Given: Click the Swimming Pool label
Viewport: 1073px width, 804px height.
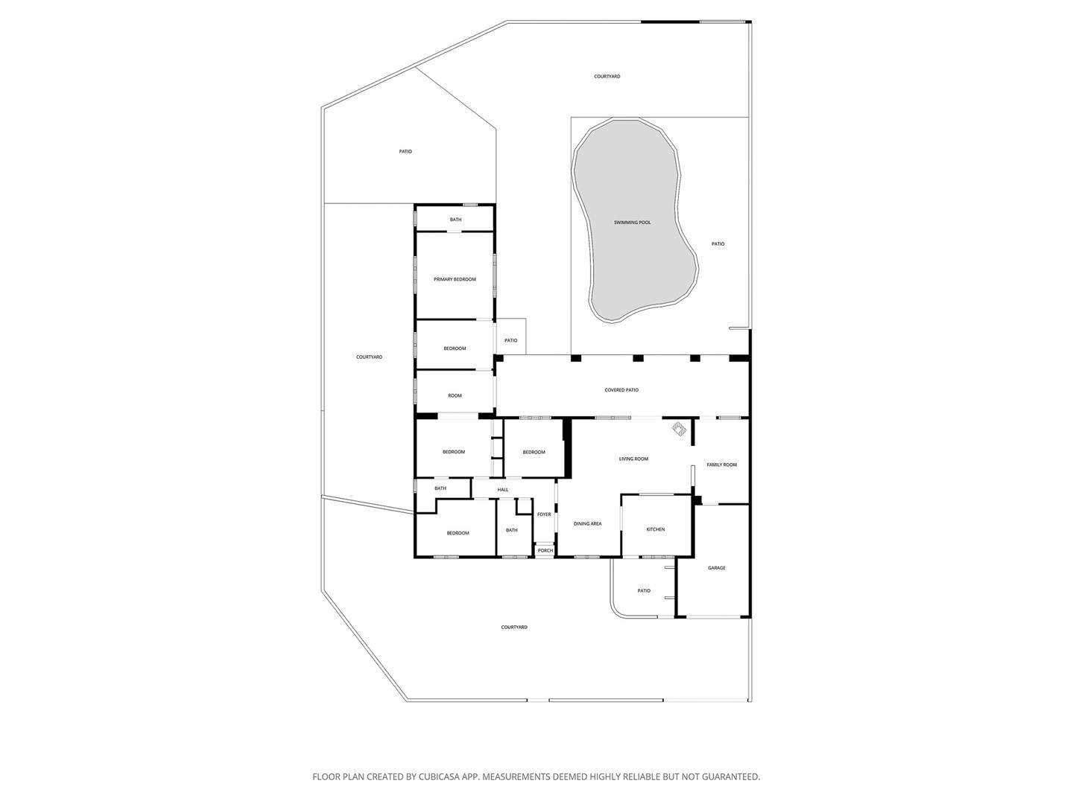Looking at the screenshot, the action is (x=632, y=223).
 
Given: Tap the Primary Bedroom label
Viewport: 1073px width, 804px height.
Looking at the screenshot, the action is (x=455, y=279).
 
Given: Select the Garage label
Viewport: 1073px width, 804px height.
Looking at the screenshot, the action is (x=717, y=568).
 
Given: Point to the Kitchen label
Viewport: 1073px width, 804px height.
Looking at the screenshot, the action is (x=656, y=529).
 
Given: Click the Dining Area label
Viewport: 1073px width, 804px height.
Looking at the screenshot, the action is (x=588, y=524).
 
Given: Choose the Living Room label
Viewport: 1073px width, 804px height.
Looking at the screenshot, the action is (x=633, y=459).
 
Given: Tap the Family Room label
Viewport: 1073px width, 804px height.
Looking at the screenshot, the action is (x=721, y=465).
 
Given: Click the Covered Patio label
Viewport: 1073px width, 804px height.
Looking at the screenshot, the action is (x=621, y=390).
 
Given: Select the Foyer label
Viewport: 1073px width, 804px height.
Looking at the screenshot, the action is (x=544, y=514).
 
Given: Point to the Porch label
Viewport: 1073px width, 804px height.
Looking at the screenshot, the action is (x=545, y=551).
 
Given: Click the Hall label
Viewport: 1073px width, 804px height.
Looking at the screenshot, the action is (x=503, y=490).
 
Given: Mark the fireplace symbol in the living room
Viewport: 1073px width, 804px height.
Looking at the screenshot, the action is (x=679, y=429).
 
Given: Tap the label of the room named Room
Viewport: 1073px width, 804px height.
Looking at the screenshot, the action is (x=455, y=395).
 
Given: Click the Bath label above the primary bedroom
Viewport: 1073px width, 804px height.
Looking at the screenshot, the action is (x=455, y=220).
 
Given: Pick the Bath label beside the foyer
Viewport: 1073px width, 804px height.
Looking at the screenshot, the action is (x=512, y=530).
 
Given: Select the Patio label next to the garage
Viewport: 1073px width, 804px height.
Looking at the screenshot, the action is (x=644, y=590).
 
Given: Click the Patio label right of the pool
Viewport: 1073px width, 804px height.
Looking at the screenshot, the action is (x=718, y=244).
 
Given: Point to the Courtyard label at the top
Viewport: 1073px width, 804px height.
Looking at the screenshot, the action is (x=607, y=77).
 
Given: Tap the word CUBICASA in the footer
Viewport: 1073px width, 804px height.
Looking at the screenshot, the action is (x=439, y=776).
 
